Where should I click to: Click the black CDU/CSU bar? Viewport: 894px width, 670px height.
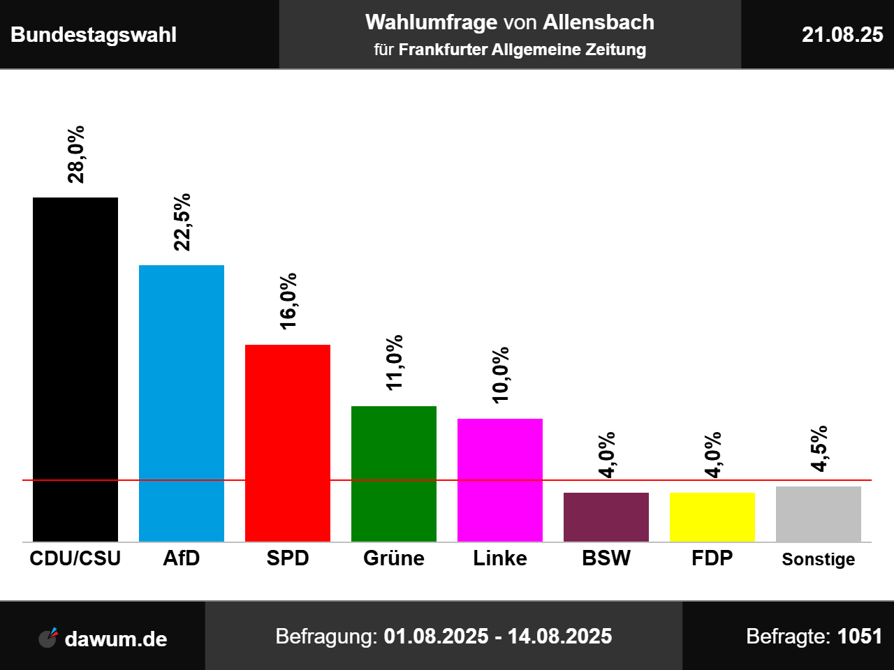click(75, 369)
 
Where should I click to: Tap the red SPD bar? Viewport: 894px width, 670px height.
click(288, 442)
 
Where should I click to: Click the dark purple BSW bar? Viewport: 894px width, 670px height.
click(606, 516)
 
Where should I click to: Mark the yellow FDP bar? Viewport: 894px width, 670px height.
click(712, 516)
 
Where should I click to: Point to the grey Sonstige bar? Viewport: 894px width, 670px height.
click(819, 514)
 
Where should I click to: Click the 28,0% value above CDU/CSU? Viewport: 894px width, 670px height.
click(75, 154)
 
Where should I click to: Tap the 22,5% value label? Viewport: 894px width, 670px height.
click(182, 222)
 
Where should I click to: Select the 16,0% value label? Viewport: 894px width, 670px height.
click(288, 301)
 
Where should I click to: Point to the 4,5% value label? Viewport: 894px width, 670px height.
click(819, 448)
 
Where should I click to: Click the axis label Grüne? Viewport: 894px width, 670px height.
click(394, 558)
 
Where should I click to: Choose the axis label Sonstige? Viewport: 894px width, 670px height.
click(819, 559)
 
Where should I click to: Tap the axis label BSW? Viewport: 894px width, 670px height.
click(606, 558)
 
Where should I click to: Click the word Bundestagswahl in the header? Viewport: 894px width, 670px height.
click(94, 35)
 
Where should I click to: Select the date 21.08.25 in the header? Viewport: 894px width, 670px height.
click(842, 35)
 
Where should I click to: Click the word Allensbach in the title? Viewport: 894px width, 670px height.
click(599, 22)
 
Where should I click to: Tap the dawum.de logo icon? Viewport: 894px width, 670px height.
click(47, 637)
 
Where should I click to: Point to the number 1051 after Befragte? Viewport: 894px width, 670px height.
click(860, 636)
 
